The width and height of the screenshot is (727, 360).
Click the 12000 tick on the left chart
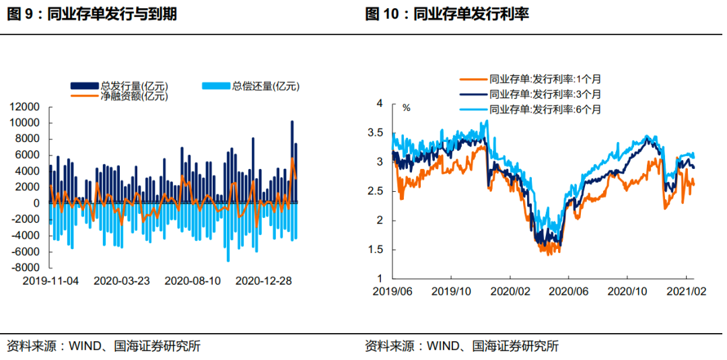coord(24,107)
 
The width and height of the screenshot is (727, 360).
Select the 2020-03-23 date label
coord(122,280)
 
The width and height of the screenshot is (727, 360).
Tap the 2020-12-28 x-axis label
coord(264,280)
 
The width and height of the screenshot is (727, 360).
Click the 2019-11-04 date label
coord(50,280)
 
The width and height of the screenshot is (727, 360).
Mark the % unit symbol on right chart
coord(406,108)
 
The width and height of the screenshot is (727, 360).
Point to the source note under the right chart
coord(462,347)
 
